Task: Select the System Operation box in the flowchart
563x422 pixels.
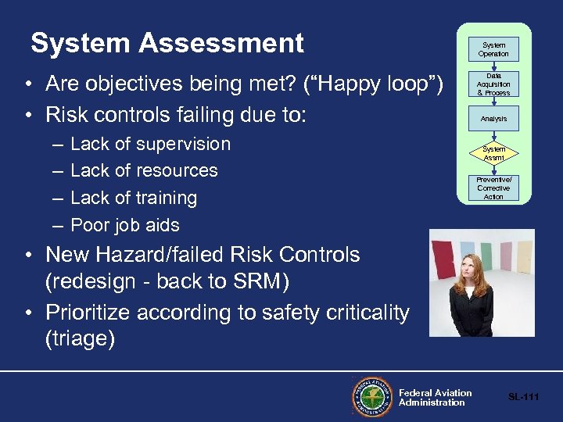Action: pos(493,50)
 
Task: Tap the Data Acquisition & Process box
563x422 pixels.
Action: pos(493,84)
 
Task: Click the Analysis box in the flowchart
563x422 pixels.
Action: pos(493,119)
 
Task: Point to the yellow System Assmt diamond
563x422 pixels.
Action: pos(493,153)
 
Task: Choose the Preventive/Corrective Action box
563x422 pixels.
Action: pos(493,188)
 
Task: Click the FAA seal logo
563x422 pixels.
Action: pos(372,397)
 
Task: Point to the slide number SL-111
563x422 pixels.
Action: pos(523,397)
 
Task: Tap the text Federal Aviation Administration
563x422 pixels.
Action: pos(435,398)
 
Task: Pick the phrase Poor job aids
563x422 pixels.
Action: pos(125,225)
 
